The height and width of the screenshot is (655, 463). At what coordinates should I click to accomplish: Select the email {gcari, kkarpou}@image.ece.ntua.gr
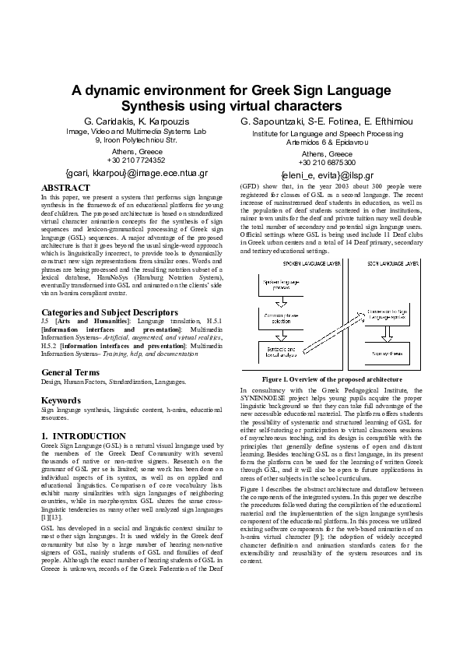137,173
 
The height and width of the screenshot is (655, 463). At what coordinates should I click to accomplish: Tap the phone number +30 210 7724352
136,160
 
